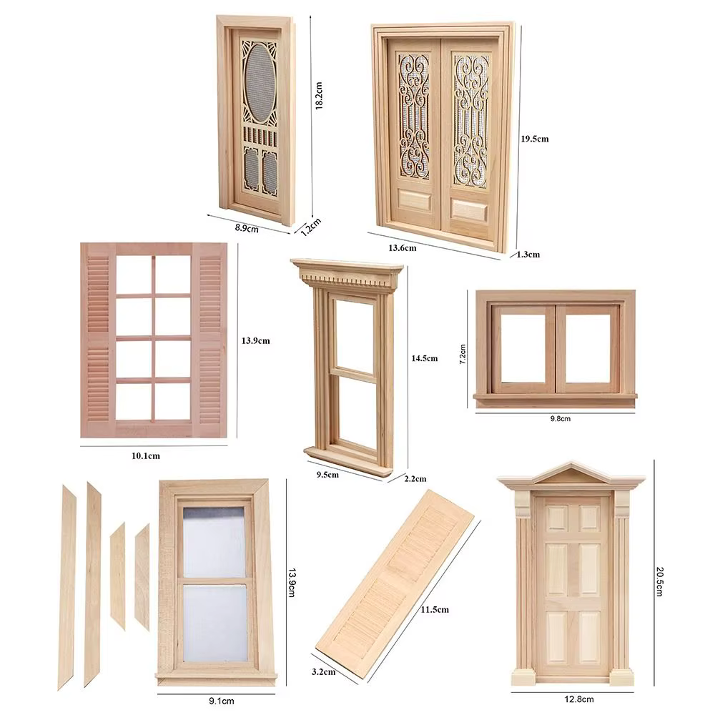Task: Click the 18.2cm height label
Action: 319,96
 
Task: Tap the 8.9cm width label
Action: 247,228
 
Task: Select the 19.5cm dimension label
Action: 534,139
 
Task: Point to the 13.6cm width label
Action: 402,248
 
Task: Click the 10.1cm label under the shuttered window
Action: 146,455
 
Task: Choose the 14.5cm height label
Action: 425,358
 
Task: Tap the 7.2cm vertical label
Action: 463,354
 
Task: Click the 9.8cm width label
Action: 560,418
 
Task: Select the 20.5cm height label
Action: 659,581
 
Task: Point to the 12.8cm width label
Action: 579,699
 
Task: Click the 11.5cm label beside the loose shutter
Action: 435,610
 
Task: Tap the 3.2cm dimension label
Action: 323,671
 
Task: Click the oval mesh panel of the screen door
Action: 260,82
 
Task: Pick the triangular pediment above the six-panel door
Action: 571,474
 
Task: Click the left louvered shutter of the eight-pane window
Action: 98,339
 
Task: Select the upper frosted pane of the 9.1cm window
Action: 214,543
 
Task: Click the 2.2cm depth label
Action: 415,479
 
